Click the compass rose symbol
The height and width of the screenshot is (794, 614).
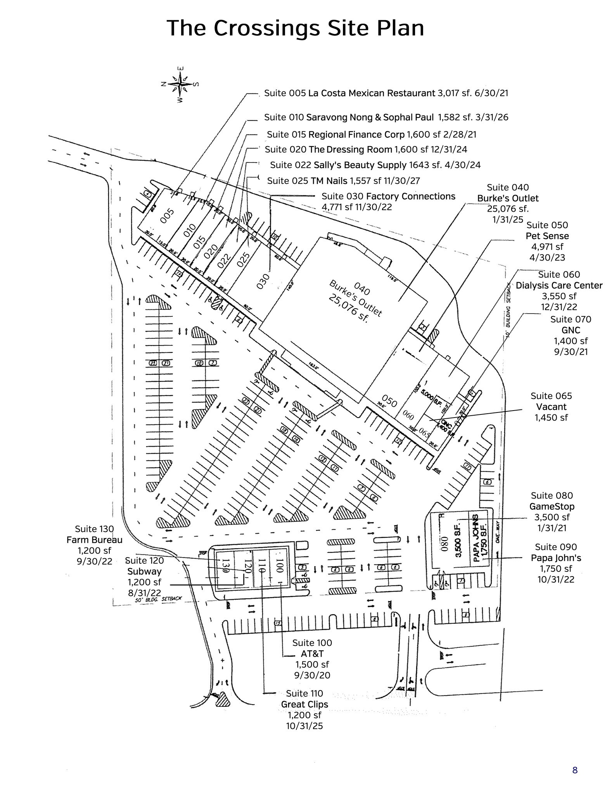(180, 84)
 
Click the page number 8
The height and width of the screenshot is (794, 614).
(575, 770)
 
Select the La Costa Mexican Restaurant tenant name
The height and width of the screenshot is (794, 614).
(371, 93)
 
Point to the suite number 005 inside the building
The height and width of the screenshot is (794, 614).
(168, 216)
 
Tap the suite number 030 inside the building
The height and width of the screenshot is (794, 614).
(263, 281)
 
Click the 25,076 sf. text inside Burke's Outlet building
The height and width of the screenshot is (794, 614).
(348, 308)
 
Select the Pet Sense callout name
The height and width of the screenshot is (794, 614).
(547, 236)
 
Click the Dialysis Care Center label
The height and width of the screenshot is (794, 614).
(559, 286)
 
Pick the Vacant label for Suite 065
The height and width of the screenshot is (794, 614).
(551, 407)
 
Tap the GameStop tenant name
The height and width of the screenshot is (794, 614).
(552, 506)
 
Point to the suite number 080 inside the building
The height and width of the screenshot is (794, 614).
(445, 544)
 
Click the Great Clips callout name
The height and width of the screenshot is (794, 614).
(304, 704)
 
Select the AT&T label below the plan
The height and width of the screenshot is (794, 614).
(312, 654)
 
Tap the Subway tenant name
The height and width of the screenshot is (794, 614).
(144, 571)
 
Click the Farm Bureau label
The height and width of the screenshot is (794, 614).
(94, 540)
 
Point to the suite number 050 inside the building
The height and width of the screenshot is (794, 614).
(389, 401)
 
